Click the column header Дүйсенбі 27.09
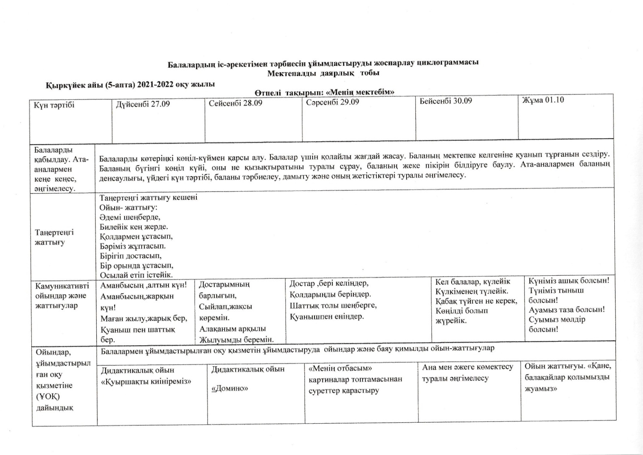coord(143,104)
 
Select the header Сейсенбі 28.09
coord(235,103)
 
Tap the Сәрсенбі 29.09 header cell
coord(332,102)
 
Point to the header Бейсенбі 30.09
coord(445,101)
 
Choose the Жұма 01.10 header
coord(543,100)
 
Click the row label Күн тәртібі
coord(54,105)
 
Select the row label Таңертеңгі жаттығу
coord(54,237)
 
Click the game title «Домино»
coord(230,388)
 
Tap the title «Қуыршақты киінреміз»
coord(146,382)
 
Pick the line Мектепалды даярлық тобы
coord(323,73)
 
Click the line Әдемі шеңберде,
coord(130,217)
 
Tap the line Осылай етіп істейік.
coord(136,275)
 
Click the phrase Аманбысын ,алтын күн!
coord(144,285)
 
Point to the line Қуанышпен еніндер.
coord(327,316)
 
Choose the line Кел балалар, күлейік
coord(473,282)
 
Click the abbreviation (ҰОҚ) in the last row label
coord(48,396)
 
